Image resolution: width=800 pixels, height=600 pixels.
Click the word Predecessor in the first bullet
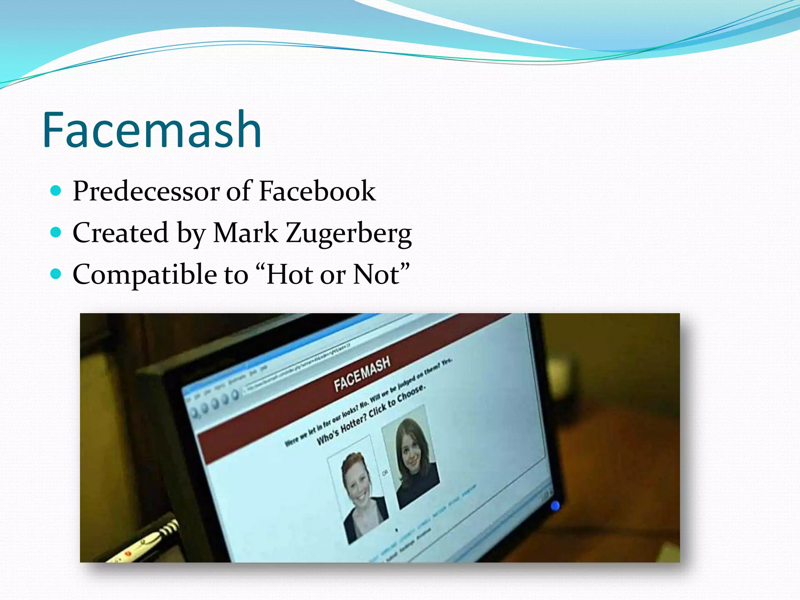click(x=146, y=191)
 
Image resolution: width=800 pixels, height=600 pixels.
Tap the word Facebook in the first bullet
click(x=317, y=191)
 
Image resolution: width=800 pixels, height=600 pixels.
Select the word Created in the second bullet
click(x=120, y=233)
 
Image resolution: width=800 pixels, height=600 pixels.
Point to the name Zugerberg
click(x=348, y=234)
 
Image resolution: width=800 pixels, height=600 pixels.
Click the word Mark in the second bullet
click(x=245, y=233)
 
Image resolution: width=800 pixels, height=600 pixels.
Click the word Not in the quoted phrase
click(x=377, y=274)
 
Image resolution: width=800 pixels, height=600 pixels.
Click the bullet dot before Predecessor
click(x=56, y=191)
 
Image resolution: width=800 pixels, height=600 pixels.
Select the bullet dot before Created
click(x=56, y=232)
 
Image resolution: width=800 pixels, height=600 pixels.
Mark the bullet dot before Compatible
click(x=56, y=274)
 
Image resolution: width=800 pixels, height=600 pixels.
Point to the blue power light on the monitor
click(x=555, y=506)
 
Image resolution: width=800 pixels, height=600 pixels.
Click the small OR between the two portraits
click(x=385, y=473)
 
